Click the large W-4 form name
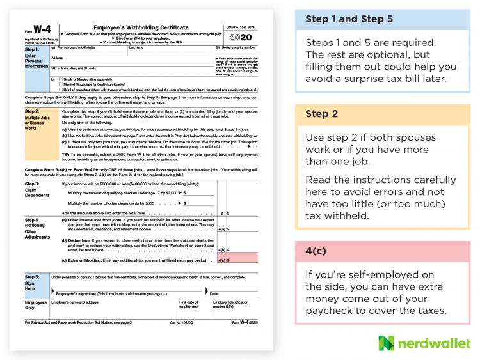[x=40, y=29]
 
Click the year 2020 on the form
[x=240, y=36]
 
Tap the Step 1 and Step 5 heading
[x=349, y=19]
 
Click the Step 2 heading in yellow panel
[x=321, y=114]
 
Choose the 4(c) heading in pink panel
[x=317, y=251]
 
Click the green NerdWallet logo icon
[x=387, y=343]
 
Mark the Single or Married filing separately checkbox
[x=60, y=79]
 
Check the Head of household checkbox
[x=60, y=90]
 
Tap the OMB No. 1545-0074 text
[x=240, y=26]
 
